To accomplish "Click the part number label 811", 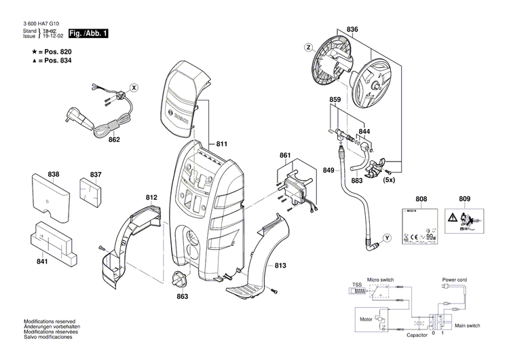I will pyautogui.click(x=221, y=144).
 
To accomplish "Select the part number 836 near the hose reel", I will pyautogui.click(x=352, y=29).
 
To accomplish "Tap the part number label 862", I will pyautogui.click(x=114, y=140).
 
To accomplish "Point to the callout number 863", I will pyautogui.click(x=182, y=296).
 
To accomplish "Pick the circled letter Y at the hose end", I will pyautogui.click(x=387, y=237).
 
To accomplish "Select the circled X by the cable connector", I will pyautogui.click(x=134, y=88).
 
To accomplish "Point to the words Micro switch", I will pyautogui.click(x=382, y=280).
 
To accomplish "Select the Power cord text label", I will pyautogui.click(x=457, y=279).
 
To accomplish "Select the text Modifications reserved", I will pyautogui.click(x=50, y=321).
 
